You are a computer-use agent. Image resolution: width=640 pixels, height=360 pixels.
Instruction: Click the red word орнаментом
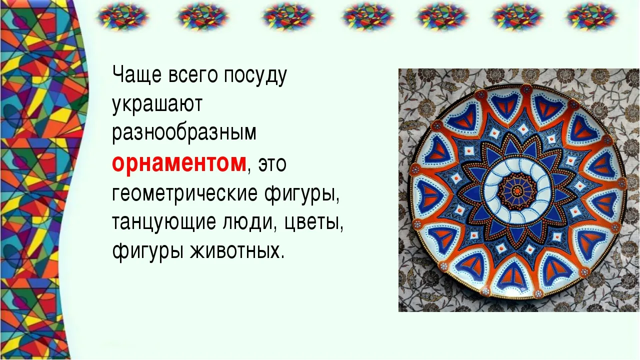tap(179, 163)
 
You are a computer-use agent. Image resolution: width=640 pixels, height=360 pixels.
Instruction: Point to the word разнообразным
tap(184, 133)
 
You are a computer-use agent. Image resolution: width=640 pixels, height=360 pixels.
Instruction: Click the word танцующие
tap(163, 223)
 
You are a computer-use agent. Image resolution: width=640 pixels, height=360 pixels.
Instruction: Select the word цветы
tap(312, 223)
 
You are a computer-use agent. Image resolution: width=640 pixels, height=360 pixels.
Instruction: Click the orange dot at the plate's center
tap(516, 190)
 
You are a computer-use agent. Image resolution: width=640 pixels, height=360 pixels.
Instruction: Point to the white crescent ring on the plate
tap(492, 190)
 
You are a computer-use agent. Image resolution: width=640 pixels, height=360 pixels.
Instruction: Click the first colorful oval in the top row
tap(123, 16)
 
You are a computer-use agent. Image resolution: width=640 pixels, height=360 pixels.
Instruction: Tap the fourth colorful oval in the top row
tap(368, 16)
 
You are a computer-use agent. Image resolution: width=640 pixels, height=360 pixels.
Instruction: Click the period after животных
tap(283, 256)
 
